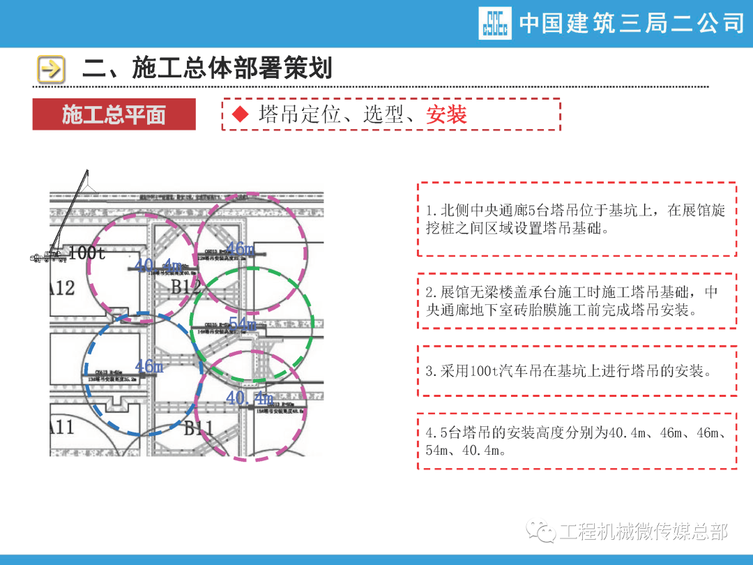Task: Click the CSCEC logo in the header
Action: (x=494, y=23)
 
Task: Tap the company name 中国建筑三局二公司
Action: (x=632, y=24)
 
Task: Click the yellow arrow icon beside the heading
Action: (x=51, y=69)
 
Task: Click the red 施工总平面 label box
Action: (x=114, y=114)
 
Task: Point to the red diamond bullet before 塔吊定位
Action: (x=241, y=114)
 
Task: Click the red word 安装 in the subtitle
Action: (x=446, y=114)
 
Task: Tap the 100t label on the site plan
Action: (x=87, y=253)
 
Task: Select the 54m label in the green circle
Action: (x=242, y=324)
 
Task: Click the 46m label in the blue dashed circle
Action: (x=149, y=366)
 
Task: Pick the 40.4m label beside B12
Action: (x=158, y=266)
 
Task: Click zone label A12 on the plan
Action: (x=62, y=287)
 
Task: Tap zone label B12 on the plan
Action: (x=185, y=287)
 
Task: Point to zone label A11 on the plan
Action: (x=62, y=426)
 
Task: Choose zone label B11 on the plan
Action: (x=198, y=428)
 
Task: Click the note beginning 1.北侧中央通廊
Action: (x=577, y=219)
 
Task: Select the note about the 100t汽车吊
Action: (x=577, y=371)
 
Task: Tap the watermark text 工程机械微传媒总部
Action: (x=644, y=533)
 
